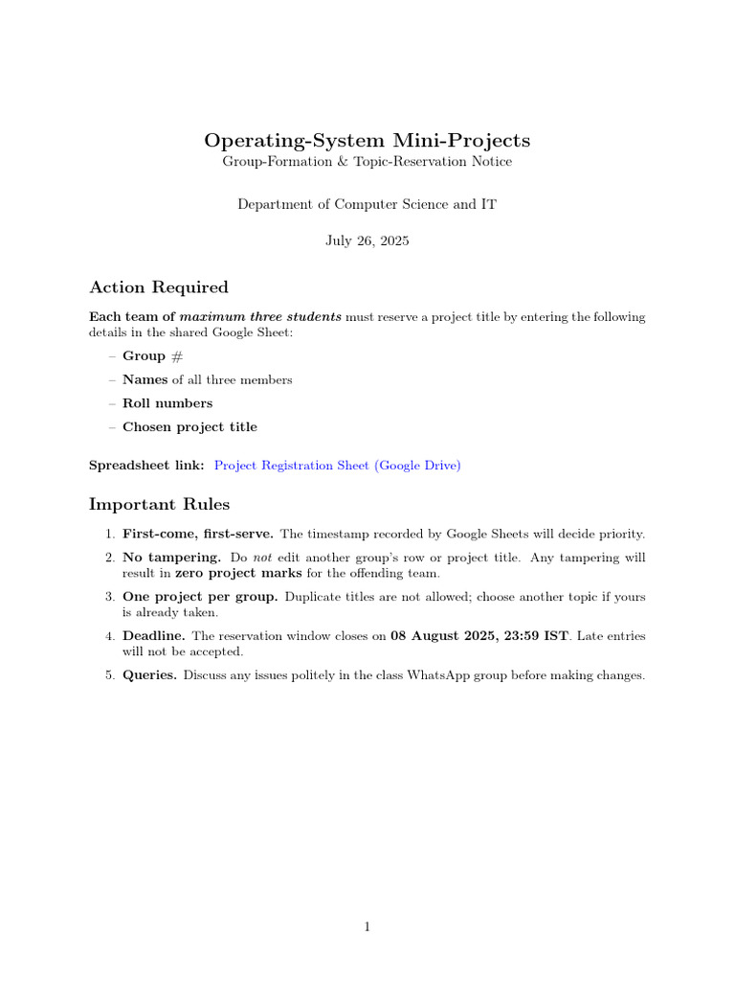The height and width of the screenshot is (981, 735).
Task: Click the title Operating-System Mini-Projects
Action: pos(367,141)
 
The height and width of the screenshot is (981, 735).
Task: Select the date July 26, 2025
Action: pos(367,240)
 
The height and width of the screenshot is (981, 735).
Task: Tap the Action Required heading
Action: pos(159,287)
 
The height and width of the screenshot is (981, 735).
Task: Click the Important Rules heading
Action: pos(159,504)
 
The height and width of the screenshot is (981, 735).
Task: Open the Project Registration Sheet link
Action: pos(337,466)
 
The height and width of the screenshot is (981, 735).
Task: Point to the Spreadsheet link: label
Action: pos(146,466)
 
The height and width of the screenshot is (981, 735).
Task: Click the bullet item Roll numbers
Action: pos(167,403)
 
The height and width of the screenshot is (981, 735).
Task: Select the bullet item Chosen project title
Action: pos(189,427)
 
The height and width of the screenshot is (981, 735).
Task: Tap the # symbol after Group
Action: pos(176,356)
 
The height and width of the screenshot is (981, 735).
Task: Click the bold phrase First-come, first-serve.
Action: pos(198,534)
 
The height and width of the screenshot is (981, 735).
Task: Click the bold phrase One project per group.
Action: pos(201,597)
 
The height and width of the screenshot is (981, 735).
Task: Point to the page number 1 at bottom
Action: pos(367,926)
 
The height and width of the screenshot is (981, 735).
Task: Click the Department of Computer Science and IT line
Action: pos(367,204)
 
